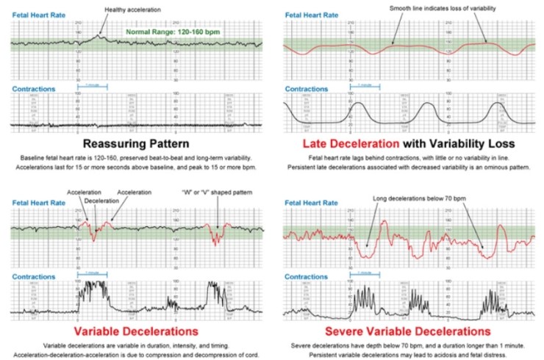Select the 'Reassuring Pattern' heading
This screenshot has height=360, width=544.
click(x=137, y=144)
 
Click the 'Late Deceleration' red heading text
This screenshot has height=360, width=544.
click(x=340, y=144)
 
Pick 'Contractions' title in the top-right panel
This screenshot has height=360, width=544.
click(x=307, y=88)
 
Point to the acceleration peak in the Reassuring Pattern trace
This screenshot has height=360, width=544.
click(x=101, y=35)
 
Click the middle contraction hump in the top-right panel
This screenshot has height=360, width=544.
click(x=429, y=109)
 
